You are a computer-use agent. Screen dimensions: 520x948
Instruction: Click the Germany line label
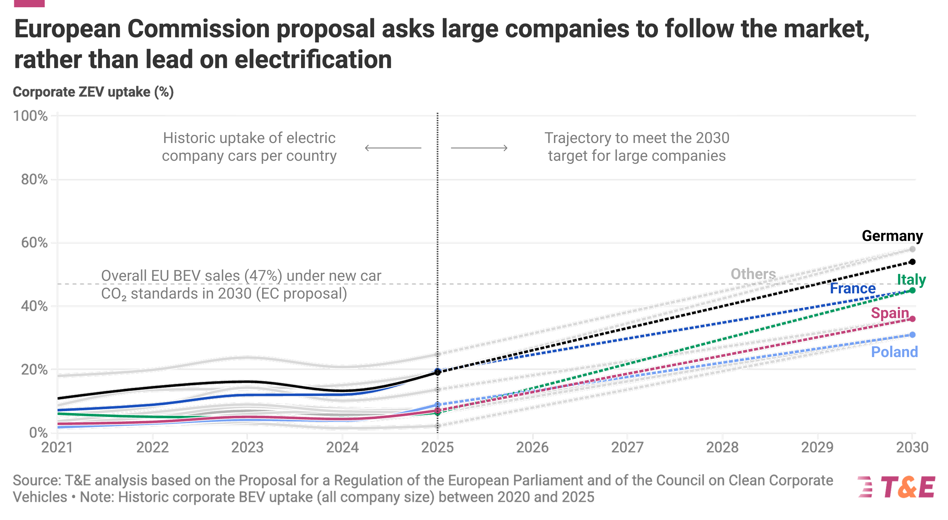892,236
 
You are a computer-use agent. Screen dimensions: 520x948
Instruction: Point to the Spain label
890,313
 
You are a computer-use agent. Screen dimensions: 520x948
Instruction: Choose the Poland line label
894,352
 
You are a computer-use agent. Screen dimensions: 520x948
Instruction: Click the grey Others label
753,274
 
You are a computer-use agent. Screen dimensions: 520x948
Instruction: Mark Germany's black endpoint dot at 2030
912,262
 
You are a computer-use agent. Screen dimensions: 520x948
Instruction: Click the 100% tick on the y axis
31,116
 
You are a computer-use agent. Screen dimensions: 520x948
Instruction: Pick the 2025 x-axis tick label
437,447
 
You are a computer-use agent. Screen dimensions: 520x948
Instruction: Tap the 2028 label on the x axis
722,447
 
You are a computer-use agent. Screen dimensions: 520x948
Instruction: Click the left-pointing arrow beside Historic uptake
393,148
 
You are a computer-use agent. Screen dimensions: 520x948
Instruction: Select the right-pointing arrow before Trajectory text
479,148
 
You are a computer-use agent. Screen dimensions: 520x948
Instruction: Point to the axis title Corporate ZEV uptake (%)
93,92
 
